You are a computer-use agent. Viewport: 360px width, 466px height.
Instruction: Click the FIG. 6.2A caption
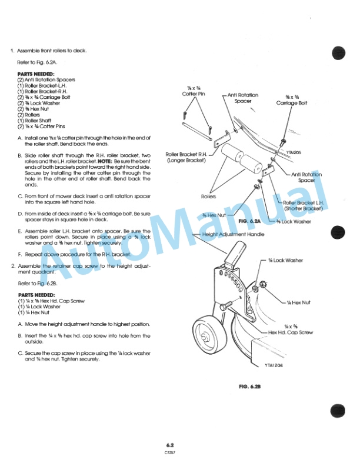tap(251, 220)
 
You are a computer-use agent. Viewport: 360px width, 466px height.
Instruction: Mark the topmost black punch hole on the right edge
tap(338, 52)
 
